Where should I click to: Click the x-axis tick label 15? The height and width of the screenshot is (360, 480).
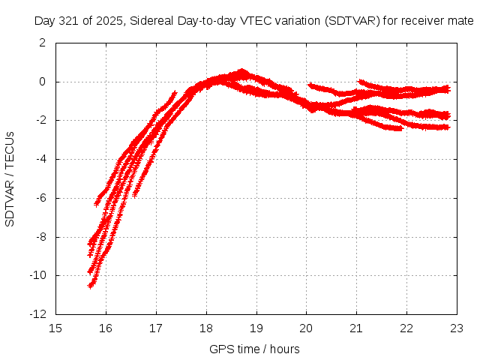point(55,328)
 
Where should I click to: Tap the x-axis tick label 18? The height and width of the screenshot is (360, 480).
point(206,328)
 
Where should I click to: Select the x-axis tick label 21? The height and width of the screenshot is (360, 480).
point(357,328)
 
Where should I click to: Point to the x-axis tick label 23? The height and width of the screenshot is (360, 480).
point(457,328)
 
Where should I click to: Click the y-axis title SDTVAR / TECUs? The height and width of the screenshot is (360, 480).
point(10,178)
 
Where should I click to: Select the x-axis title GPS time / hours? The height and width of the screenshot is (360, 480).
point(255,349)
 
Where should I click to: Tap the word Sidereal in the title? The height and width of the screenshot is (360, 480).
point(149,21)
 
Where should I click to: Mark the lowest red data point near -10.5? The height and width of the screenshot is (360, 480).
point(90,285)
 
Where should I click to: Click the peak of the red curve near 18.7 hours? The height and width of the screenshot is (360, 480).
point(241,71)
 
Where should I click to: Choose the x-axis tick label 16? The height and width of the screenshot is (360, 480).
point(106,328)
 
